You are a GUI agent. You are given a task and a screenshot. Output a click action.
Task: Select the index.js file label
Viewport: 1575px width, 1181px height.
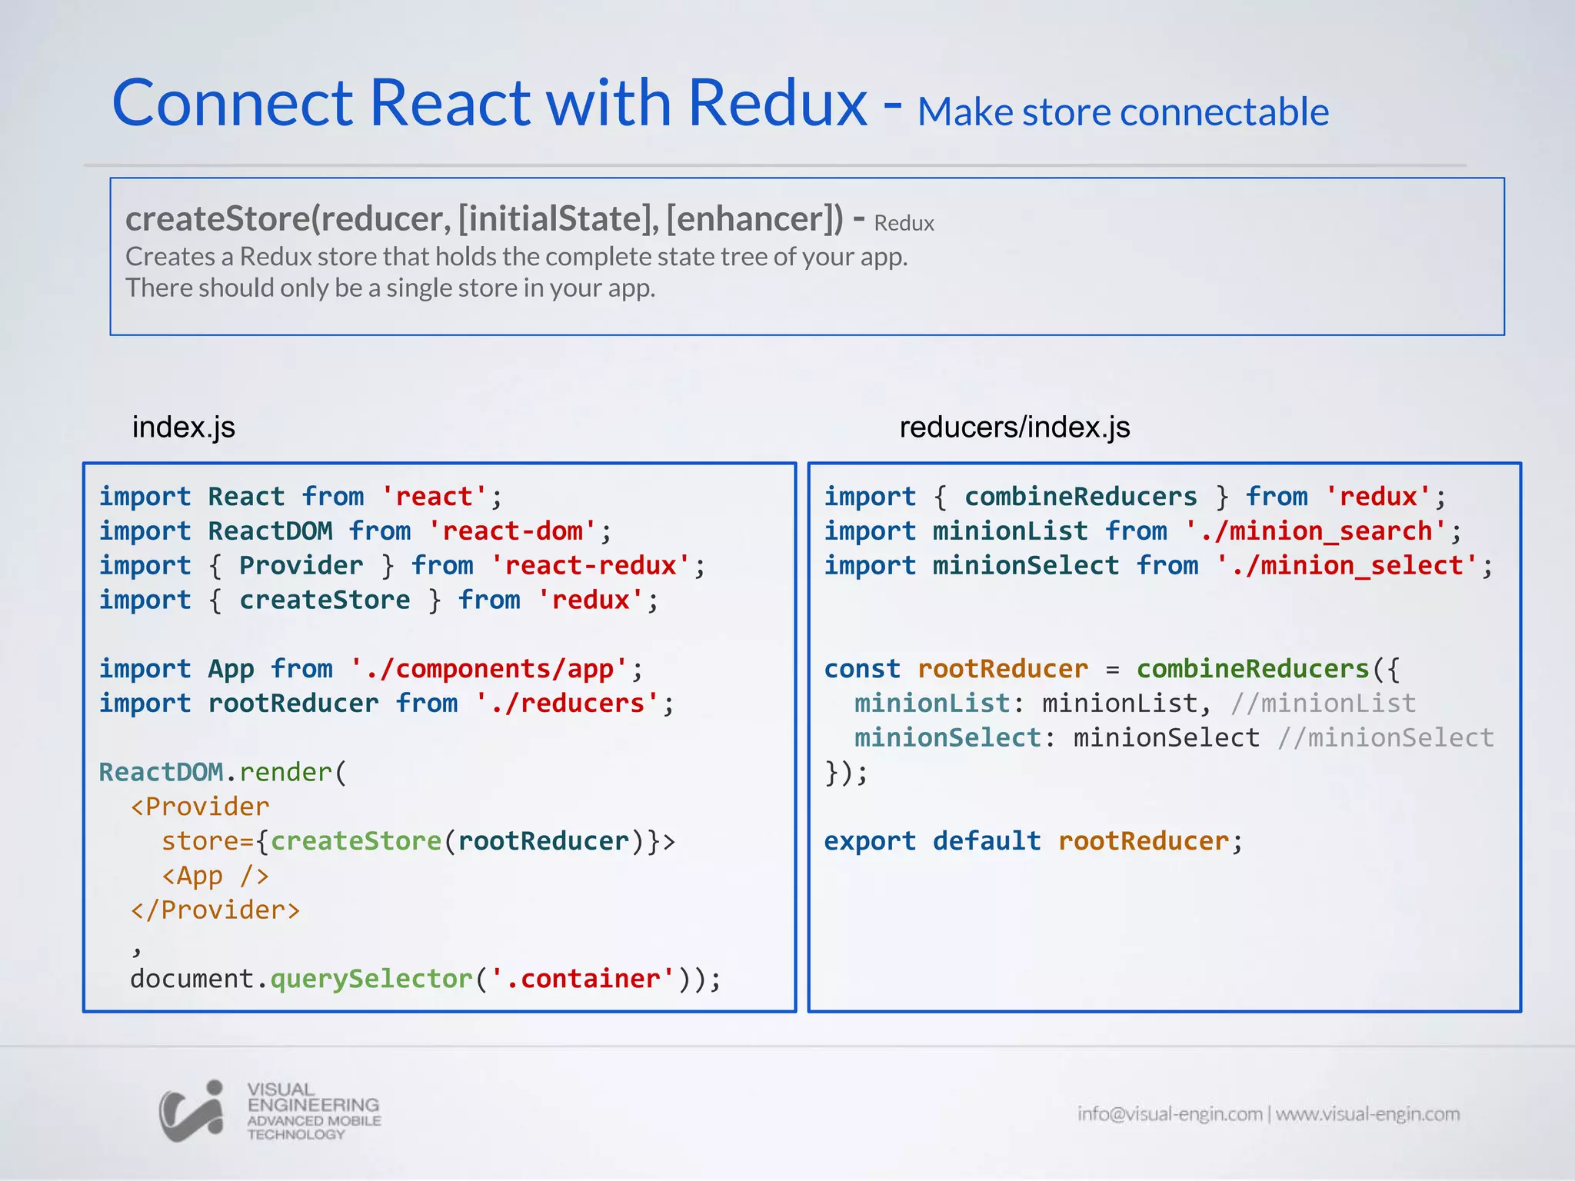click(x=184, y=427)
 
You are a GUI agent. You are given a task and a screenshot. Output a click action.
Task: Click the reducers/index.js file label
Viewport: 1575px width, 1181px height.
click(x=1014, y=427)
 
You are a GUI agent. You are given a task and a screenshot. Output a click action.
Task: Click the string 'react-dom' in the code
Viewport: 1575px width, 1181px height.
click(x=512, y=531)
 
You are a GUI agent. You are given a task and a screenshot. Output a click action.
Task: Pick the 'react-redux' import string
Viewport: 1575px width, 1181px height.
click(x=590, y=566)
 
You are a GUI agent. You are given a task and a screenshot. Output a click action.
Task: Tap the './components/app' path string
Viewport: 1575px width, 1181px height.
click(x=489, y=669)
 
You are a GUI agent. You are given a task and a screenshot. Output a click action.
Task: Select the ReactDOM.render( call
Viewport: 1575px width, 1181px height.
click(x=223, y=772)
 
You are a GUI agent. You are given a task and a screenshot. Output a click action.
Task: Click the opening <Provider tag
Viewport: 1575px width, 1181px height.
click(x=200, y=807)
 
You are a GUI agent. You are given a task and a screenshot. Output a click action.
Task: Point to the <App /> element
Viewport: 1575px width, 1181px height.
click(x=215, y=876)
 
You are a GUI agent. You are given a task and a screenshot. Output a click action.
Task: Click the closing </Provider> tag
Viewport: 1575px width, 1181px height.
click(x=215, y=910)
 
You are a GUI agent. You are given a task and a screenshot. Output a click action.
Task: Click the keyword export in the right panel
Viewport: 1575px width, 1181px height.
click(x=870, y=841)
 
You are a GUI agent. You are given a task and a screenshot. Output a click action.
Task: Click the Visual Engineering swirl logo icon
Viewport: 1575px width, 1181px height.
click(x=191, y=1111)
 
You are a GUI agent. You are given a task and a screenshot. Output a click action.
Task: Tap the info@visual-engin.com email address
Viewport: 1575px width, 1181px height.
click(x=1170, y=1114)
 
